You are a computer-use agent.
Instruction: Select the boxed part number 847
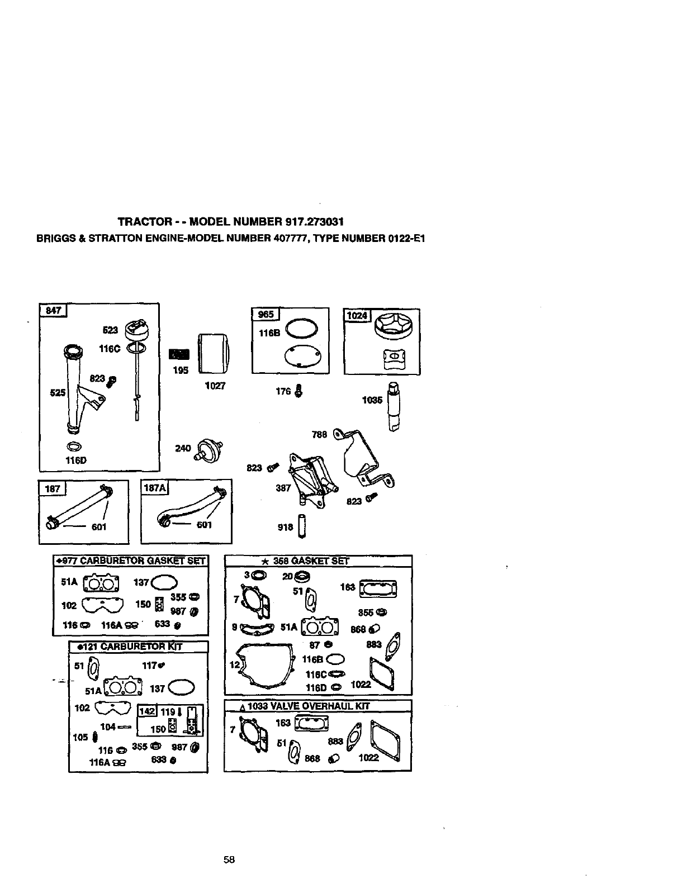53,311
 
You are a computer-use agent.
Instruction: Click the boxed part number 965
266,315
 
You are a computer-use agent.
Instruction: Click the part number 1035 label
372,400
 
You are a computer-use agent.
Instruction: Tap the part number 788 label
319,434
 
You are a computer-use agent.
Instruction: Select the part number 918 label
285,526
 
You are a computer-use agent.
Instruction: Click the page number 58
229,860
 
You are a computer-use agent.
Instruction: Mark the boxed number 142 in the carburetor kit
147,712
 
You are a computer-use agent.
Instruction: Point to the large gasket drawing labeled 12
266,667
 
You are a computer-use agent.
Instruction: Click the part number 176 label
283,391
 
